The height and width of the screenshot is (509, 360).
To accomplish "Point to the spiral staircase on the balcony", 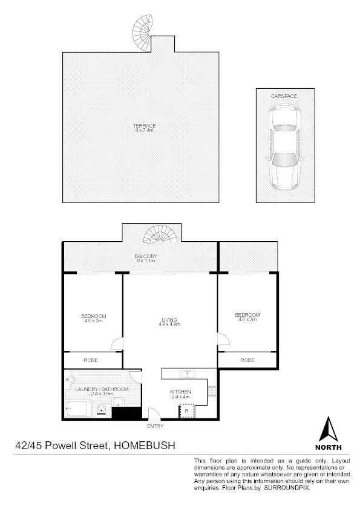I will [162, 234].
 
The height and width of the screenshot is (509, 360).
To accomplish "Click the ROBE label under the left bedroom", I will [90, 360].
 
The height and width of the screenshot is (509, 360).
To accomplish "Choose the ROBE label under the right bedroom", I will [247, 360].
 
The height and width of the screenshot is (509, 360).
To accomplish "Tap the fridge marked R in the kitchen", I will [186, 411].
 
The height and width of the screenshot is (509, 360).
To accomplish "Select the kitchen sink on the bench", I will [188, 373].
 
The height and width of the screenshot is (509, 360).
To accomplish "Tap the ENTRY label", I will [154, 426].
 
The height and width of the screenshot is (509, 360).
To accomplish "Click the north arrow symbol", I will [328, 430].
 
